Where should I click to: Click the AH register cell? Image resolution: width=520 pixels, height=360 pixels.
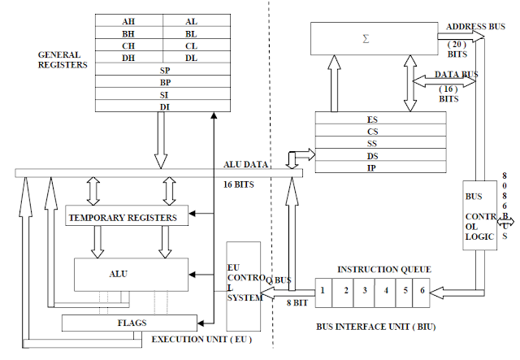(x=128, y=21)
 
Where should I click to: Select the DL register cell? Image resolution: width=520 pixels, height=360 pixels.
(x=191, y=57)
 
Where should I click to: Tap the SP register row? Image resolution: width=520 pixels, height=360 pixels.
(x=163, y=70)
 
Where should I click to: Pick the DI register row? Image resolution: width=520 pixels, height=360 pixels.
(x=163, y=106)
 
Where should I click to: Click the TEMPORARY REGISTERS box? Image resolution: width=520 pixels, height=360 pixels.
(x=127, y=217)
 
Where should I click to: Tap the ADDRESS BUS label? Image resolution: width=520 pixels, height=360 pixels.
(x=474, y=25)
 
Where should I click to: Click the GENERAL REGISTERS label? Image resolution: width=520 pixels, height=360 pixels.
(x=63, y=59)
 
